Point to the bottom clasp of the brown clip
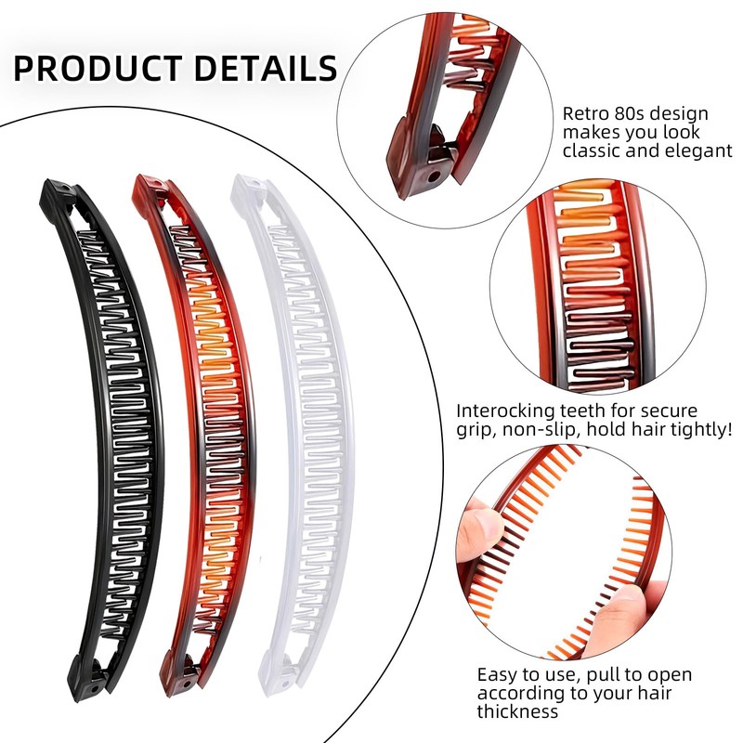click(x=182, y=672)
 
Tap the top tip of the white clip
click(x=245, y=184)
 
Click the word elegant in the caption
click(x=698, y=150)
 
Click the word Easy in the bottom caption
click(x=498, y=675)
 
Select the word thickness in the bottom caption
click(x=518, y=712)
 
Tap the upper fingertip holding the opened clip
click(x=478, y=526)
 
